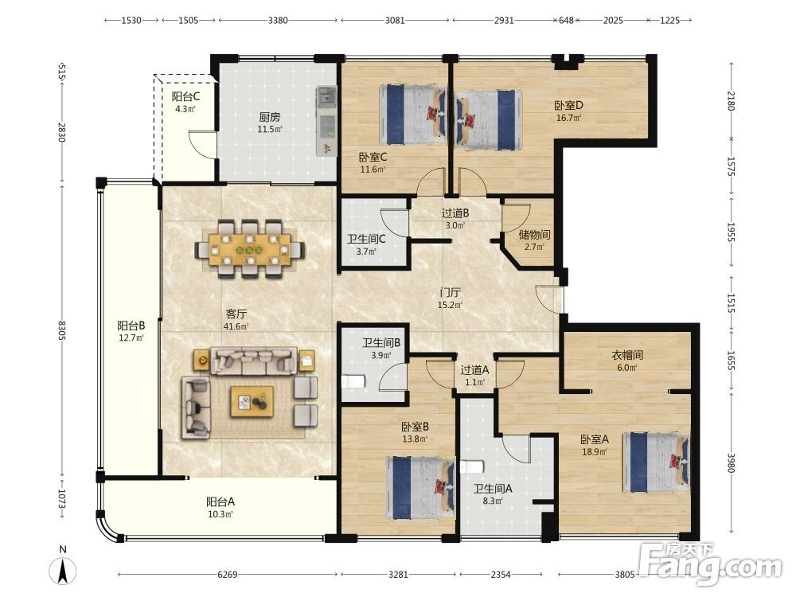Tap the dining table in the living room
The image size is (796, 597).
[249, 248]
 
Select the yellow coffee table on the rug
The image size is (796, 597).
[252, 401]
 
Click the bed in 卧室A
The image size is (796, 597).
[655, 462]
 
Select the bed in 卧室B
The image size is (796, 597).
[420, 487]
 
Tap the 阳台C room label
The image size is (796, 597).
[185, 96]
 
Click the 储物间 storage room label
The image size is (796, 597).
[535, 235]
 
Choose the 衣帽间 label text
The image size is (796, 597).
[627, 355]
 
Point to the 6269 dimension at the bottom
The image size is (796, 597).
[228, 575]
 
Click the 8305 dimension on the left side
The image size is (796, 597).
[61, 330]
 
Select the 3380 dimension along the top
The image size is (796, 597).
[278, 21]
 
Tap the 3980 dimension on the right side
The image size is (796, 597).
[731, 462]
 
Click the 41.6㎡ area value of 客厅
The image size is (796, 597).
[236, 326]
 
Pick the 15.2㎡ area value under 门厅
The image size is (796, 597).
[451, 305]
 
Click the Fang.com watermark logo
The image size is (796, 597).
[710, 563]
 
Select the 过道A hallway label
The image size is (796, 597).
[474, 370]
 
